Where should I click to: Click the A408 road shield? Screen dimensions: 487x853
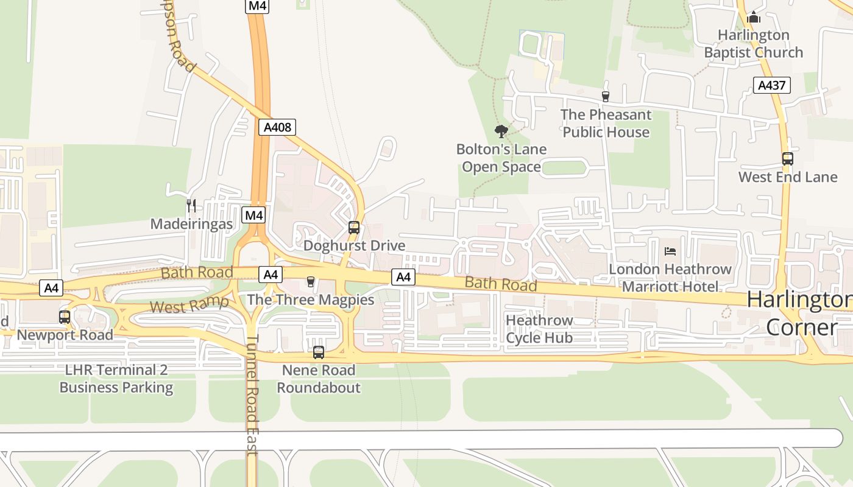coord(278,127)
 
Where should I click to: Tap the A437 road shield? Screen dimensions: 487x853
coord(771,85)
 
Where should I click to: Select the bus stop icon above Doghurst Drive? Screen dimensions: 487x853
coord(354,228)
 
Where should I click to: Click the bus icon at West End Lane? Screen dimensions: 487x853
coord(788,159)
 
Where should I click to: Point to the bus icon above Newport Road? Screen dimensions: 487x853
coord(65,317)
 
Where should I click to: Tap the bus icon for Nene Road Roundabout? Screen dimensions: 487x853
coord(318,352)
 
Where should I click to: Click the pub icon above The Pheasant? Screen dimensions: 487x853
coord(605,96)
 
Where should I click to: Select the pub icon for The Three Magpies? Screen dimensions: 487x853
coord(311,281)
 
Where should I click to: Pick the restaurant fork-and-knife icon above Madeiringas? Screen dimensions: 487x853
coord(191,206)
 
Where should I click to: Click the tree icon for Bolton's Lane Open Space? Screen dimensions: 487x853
coord(501,131)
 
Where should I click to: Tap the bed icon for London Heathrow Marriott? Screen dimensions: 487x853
coord(670,251)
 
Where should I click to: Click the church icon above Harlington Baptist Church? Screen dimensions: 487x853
coord(754,17)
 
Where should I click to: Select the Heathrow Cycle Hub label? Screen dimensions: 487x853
coord(539,329)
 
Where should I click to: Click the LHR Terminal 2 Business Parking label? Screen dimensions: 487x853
coord(116,379)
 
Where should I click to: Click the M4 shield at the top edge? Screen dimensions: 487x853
coord(258,6)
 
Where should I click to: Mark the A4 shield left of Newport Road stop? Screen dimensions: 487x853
coord(51,288)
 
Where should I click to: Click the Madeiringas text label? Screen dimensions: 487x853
coord(191,224)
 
